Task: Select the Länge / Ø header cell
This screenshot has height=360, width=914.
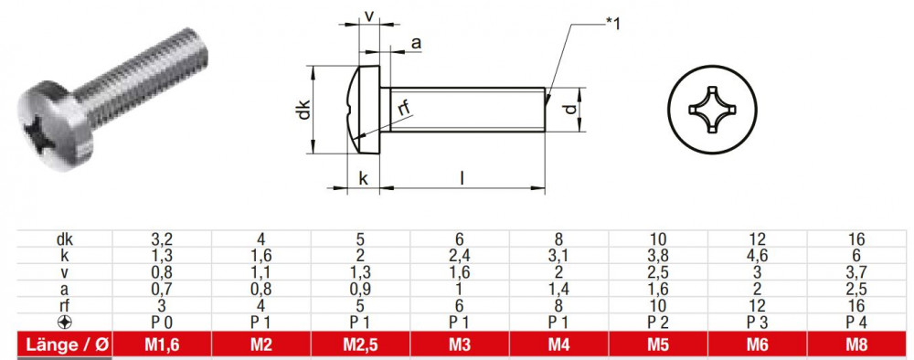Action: [65, 344]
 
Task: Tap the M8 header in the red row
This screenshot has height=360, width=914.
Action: [857, 344]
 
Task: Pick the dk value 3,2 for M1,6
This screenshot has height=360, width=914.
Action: [162, 238]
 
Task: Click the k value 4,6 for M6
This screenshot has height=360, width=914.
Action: [757, 255]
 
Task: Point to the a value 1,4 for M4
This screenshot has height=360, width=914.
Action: [559, 289]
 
